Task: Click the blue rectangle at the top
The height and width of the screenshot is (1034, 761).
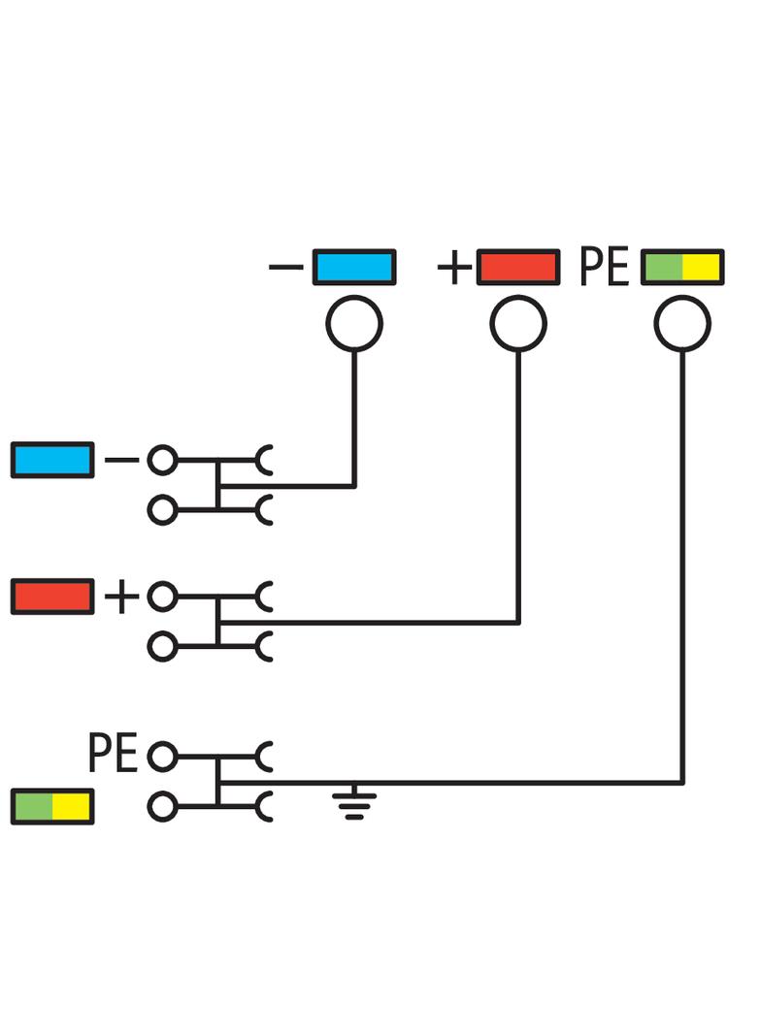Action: [x=353, y=267]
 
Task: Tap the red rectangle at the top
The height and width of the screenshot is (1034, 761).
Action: [x=517, y=267]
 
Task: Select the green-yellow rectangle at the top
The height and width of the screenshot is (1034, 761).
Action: [x=682, y=267]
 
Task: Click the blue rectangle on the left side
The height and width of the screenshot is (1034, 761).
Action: [x=52, y=460]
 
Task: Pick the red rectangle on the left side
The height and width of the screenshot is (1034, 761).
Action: [x=52, y=597]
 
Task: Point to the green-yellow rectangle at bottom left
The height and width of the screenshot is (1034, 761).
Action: [x=52, y=806]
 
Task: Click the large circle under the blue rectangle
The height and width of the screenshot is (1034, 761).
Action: [x=354, y=324]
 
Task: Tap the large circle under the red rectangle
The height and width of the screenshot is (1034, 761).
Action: [x=518, y=324]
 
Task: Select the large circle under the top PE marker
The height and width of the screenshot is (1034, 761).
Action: [x=682, y=324]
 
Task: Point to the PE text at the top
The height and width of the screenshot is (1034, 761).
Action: [x=604, y=268]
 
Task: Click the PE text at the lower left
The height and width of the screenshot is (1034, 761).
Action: [x=113, y=754]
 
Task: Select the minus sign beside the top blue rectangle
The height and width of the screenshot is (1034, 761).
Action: [x=285, y=265]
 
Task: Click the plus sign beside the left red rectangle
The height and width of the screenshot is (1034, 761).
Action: [x=121, y=598]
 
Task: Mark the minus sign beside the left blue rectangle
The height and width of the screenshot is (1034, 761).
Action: [x=121, y=460]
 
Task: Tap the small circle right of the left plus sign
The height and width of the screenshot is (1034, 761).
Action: [x=162, y=598]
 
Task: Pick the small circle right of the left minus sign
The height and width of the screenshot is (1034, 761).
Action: [x=162, y=461]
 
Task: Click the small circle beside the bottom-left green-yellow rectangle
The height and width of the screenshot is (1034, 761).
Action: [x=162, y=806]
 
